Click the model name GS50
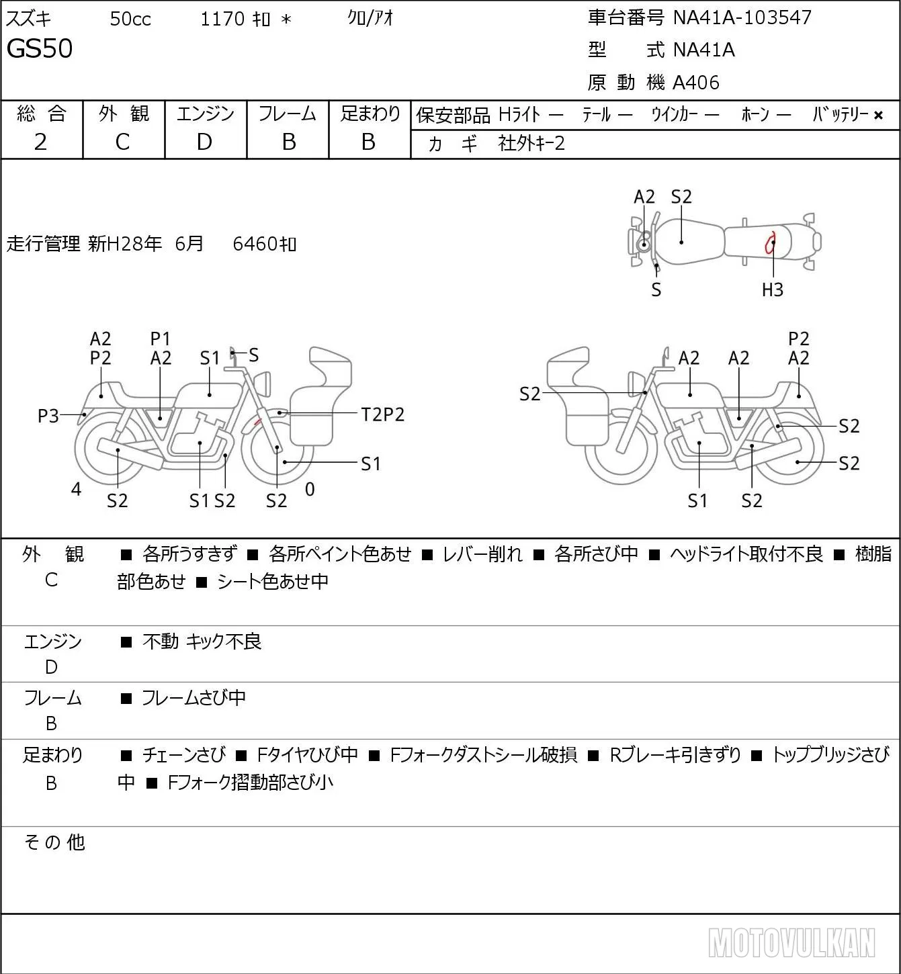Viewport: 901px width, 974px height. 40,48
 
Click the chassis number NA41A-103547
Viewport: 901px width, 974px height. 742,18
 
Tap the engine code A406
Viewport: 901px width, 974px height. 696,83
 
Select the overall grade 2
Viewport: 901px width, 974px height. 40,142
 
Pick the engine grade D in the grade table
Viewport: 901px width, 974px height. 204,142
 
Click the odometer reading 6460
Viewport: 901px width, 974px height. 255,244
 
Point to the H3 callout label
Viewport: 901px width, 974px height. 773,290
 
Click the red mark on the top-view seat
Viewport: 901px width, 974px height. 770,242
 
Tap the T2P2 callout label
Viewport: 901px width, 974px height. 383,415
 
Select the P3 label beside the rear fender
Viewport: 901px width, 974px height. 48,416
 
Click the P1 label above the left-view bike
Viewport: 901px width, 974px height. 160,339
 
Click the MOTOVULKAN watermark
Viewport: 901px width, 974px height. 791,942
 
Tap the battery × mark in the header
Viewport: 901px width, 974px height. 878,116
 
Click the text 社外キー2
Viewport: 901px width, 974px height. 531,144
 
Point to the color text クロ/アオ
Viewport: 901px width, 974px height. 370,18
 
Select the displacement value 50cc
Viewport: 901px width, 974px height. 130,19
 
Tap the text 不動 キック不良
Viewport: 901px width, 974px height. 202,641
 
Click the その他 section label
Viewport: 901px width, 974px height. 54,842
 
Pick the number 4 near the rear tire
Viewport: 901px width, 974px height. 76,489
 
